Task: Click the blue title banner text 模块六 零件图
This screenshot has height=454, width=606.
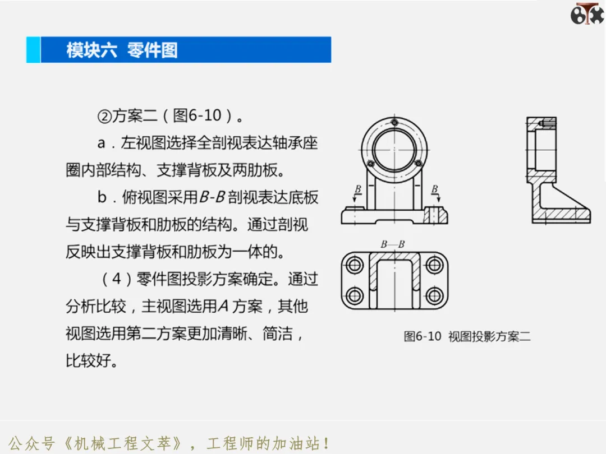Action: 122,50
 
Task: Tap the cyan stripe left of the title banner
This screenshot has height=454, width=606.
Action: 33,50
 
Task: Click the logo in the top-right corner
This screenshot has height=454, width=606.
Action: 587,14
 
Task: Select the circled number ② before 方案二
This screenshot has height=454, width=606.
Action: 104,116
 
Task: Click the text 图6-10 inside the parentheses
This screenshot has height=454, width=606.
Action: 197,115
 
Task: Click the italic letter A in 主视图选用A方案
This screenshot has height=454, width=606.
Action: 223,307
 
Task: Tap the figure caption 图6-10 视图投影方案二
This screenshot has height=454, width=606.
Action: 467,336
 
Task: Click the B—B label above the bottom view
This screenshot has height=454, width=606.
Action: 393,244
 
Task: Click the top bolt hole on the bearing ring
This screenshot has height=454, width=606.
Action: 394,123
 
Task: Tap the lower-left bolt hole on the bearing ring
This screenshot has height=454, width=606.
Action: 370,164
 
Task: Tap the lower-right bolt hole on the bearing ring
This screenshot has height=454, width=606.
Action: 418,164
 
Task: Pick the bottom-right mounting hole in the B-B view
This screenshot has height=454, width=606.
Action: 434,296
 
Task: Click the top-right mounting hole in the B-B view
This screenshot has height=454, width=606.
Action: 434,265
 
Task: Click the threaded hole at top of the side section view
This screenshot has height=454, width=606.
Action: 548,123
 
